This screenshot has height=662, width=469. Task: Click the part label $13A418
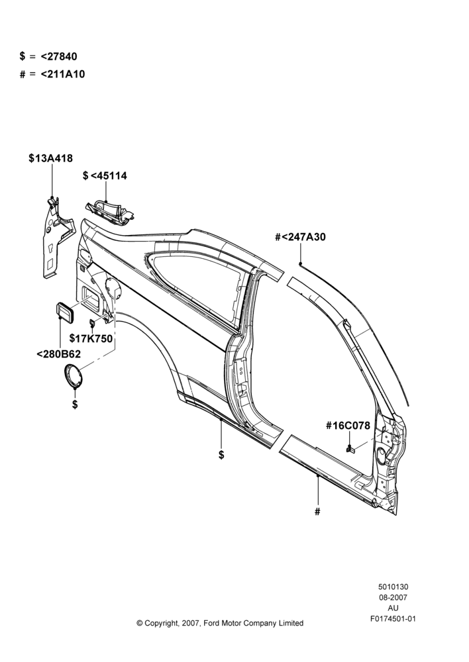[51, 158]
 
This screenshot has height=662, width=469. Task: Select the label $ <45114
[105, 175]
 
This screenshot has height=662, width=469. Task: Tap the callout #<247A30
[301, 237]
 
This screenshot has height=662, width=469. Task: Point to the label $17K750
[91, 338]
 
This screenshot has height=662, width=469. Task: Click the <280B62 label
[59, 354]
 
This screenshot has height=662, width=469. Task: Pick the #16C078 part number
[348, 426]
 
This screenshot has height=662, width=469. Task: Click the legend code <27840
[59, 56]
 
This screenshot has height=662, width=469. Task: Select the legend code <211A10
[63, 74]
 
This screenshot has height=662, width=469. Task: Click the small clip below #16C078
[350, 449]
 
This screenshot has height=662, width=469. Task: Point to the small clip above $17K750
[91, 324]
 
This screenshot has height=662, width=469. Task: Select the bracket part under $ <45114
[110, 211]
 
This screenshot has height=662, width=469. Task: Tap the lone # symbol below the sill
[317, 512]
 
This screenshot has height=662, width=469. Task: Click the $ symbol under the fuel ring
[75, 404]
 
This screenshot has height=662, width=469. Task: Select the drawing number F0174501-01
[393, 619]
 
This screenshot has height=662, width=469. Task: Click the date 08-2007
[393, 597]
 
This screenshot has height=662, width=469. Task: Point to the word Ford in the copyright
[211, 623]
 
